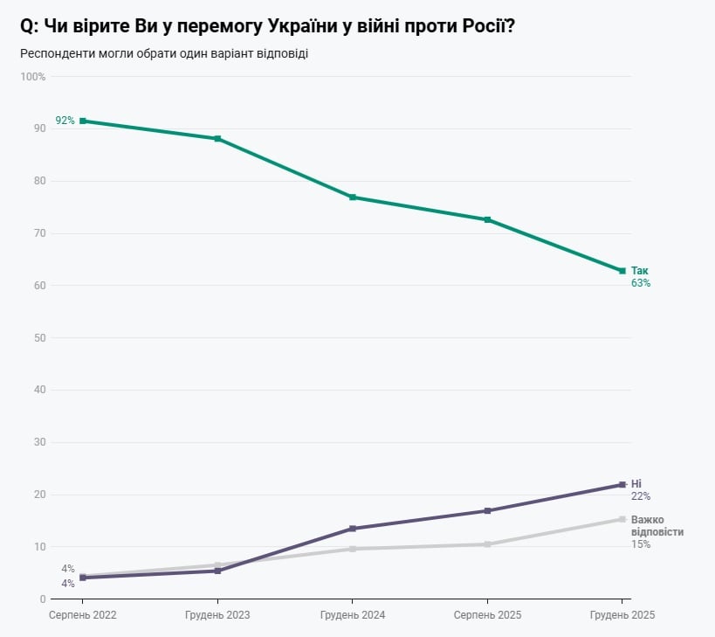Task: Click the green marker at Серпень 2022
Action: coord(82,121)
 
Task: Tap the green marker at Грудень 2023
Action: coord(217,139)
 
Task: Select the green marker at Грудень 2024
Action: coord(352,197)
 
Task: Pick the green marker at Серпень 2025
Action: coord(487,219)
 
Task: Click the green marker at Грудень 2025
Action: coord(622,271)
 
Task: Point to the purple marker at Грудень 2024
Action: coord(352,529)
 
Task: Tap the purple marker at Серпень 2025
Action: coord(487,510)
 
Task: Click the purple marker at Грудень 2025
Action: coord(622,484)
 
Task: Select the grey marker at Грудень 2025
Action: coord(622,519)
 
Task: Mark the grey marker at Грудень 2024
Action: coord(352,549)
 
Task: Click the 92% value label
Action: coord(65,121)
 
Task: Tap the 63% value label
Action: coord(641,283)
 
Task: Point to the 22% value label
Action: coord(641,496)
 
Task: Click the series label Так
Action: coord(640,271)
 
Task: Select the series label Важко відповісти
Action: coord(657,525)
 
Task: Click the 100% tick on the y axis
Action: coord(33,77)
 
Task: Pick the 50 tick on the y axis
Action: coord(40,337)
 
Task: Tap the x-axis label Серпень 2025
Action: coord(487,615)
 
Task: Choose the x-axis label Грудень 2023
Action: coord(217,615)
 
